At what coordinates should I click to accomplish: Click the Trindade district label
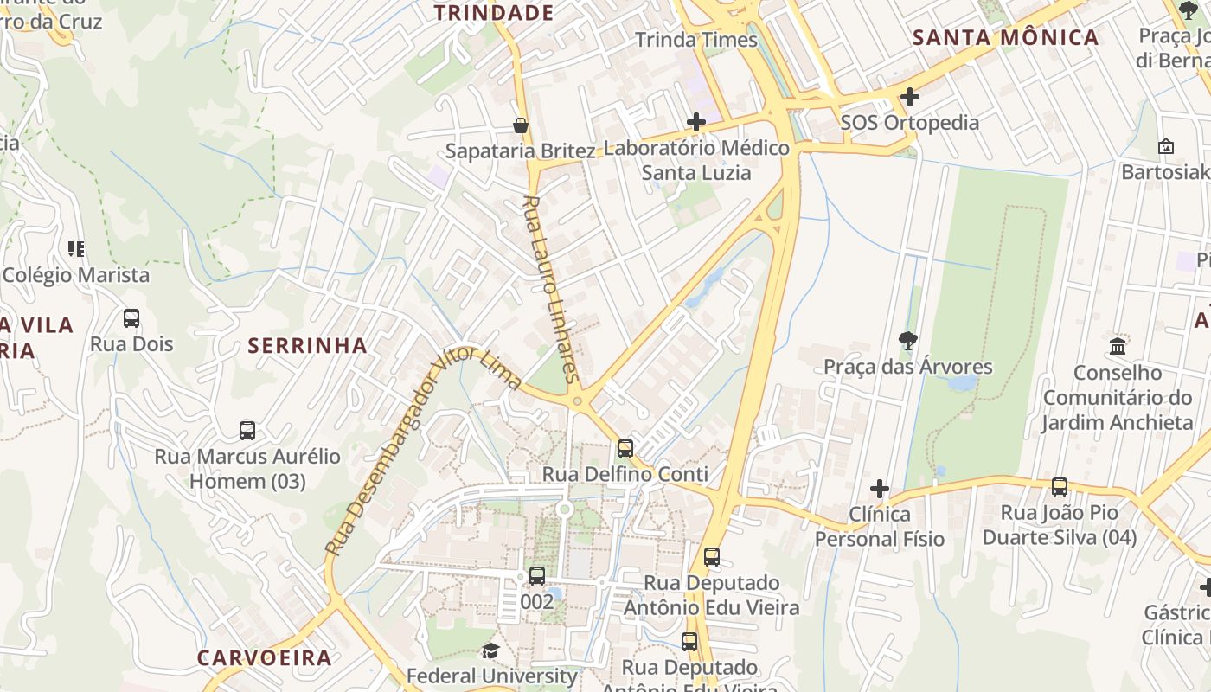(x=494, y=13)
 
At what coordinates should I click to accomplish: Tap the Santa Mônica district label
(x=1006, y=38)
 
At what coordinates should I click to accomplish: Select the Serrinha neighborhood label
(x=308, y=346)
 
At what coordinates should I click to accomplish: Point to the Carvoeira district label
(x=265, y=657)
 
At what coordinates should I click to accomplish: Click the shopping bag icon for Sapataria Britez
(x=521, y=126)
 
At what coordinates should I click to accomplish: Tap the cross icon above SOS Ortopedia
(x=910, y=97)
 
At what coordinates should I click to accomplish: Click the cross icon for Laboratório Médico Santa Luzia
(x=696, y=123)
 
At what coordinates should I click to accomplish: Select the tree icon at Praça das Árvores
(x=908, y=341)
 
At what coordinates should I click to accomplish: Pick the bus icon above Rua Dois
(x=131, y=318)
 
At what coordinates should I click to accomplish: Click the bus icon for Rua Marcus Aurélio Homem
(x=247, y=430)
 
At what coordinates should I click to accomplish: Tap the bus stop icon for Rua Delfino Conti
(x=625, y=449)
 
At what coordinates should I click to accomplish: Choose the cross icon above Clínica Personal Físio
(x=880, y=489)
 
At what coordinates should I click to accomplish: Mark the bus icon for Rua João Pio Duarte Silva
(x=1060, y=487)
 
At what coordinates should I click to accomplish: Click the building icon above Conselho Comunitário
(x=1118, y=347)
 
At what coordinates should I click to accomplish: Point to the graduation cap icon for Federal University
(x=491, y=650)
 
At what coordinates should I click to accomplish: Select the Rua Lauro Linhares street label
(x=549, y=288)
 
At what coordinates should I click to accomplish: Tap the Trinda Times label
(x=696, y=40)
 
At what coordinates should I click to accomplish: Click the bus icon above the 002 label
(x=537, y=576)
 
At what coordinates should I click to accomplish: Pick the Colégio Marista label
(x=76, y=275)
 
